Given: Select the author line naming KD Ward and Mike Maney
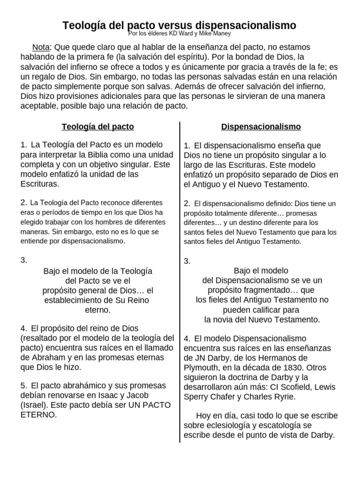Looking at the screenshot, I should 180,34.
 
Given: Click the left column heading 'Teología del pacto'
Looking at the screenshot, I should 98,127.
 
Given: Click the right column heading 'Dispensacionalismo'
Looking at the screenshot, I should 261,127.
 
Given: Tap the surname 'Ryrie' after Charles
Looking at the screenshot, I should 282,397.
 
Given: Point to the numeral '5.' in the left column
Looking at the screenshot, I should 24,385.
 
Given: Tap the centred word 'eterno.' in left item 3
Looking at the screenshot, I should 97,310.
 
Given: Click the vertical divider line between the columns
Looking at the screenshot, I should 180,281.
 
